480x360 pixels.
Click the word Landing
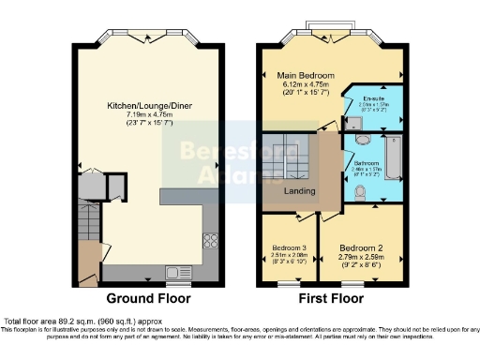[x=301, y=192]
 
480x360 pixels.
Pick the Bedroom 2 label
[x=362, y=240]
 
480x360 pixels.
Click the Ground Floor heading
[x=148, y=299]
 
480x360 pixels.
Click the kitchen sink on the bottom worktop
[x=177, y=273]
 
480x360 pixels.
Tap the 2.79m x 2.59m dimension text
[x=362, y=250]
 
